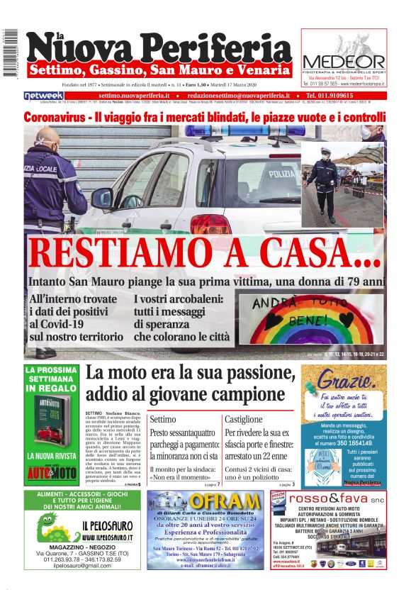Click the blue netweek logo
[x=44, y=95]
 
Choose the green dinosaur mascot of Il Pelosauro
[x=54, y=528]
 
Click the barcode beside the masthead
[x=10, y=54]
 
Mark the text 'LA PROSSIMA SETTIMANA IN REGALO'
[x=52, y=379]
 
